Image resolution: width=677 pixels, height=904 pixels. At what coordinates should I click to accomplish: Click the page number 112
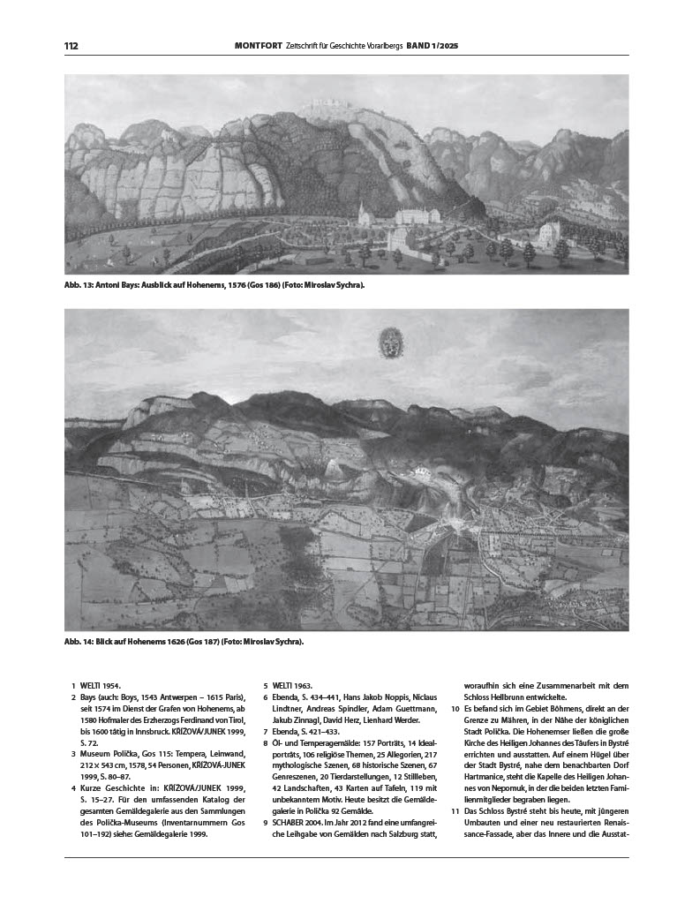(71, 46)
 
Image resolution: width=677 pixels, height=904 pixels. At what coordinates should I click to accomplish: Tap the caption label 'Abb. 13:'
(82, 286)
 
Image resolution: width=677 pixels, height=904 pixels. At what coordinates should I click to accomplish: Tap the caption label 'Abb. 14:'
(82, 642)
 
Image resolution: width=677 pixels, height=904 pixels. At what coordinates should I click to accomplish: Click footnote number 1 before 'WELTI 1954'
(72, 685)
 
